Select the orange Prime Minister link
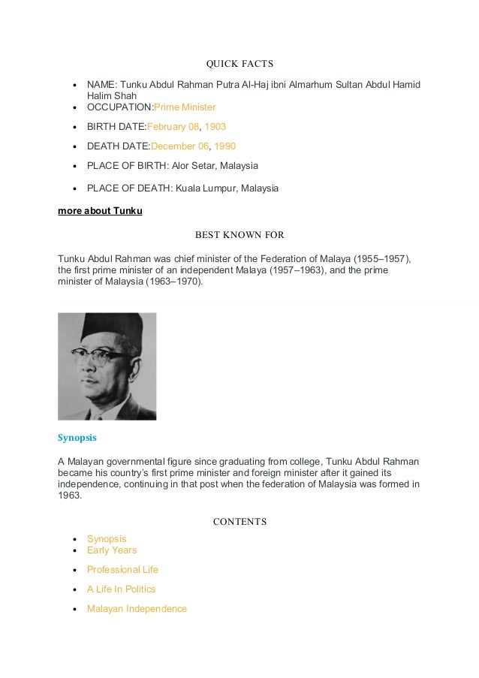point(185,107)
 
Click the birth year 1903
point(215,127)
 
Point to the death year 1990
point(224,146)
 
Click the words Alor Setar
point(197,165)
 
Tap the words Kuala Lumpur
point(206,188)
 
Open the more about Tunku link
point(100,211)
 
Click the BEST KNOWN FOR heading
point(239,234)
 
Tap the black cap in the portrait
point(102,327)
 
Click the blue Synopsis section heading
point(77,437)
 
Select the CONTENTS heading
point(239,522)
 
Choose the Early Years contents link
point(112,550)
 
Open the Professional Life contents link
point(122,570)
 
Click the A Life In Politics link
point(121,589)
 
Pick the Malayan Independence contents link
point(137,609)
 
